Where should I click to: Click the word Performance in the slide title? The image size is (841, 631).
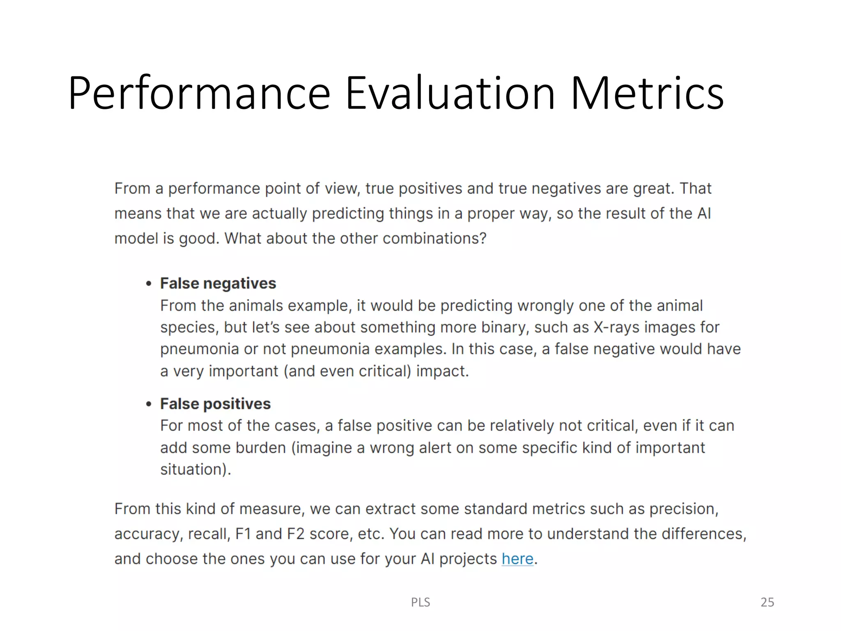pyautogui.click(x=199, y=93)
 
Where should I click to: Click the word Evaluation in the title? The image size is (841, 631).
pyautogui.click(x=450, y=93)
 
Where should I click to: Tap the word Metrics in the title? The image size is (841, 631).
pyautogui.click(x=647, y=93)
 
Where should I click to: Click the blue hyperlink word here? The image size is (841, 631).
pyautogui.click(x=517, y=559)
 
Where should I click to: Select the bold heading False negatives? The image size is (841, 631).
pyautogui.click(x=218, y=283)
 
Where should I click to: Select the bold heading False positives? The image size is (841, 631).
pyautogui.click(x=215, y=404)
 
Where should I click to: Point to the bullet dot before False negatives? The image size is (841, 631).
pyautogui.click(x=149, y=284)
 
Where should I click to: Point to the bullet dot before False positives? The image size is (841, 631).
pyautogui.click(x=149, y=404)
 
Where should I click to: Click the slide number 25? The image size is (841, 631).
pyautogui.click(x=767, y=602)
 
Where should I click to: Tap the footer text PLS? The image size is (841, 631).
pyautogui.click(x=420, y=602)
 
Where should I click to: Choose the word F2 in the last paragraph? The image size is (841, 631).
pyautogui.click(x=295, y=534)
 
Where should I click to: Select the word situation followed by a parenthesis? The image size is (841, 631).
pyautogui.click(x=193, y=470)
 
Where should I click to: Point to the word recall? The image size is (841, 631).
pyautogui.click(x=208, y=534)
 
